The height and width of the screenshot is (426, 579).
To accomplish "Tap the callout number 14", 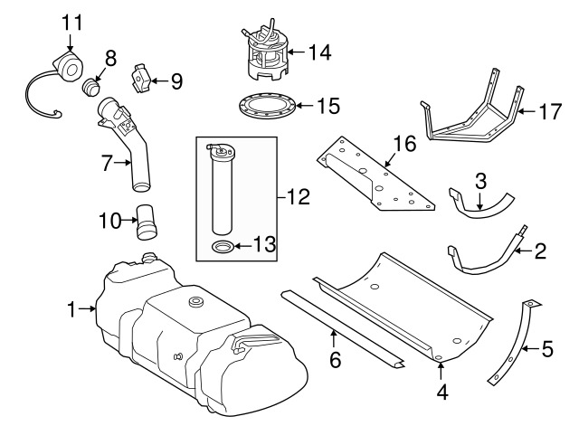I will [319, 53].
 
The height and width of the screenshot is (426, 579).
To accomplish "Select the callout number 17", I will [551, 113].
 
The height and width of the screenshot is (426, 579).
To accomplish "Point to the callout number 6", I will [335, 360].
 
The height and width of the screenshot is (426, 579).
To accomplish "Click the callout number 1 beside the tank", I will [72, 310].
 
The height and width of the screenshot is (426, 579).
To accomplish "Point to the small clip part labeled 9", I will [143, 79].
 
